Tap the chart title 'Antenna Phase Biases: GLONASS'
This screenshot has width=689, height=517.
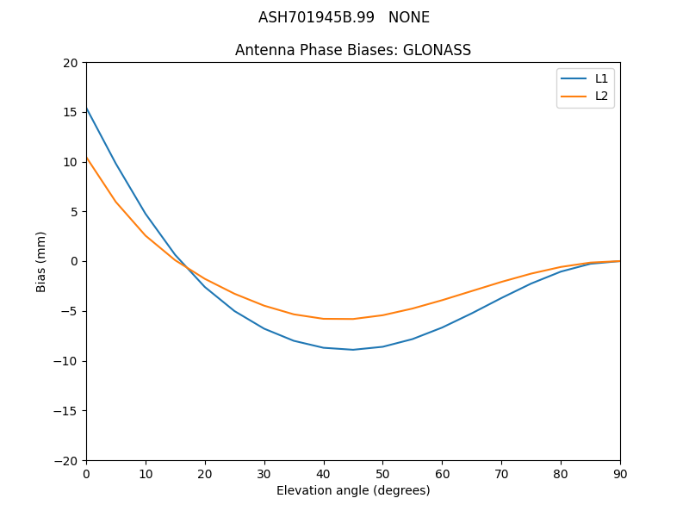353,50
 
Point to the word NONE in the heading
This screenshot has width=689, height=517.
409,17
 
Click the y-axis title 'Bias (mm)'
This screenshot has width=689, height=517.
41,261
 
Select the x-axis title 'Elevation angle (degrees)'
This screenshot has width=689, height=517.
353,490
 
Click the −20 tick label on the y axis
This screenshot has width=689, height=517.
66,460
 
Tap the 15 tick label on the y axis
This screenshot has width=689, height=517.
71,112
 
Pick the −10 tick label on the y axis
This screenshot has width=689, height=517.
66,361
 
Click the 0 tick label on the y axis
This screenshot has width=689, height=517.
74,261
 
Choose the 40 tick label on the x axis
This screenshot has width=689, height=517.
324,473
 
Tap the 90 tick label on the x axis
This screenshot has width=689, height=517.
620,473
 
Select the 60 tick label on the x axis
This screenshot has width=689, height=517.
442,473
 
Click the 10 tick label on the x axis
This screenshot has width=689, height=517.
146,473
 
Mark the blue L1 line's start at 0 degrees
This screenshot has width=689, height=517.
86,108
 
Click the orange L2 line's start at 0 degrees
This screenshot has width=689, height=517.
86,157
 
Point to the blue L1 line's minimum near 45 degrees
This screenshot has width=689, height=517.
353,349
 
